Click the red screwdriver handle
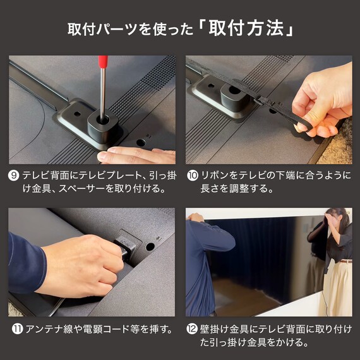tap(103, 63)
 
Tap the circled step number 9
tap(14, 175)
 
